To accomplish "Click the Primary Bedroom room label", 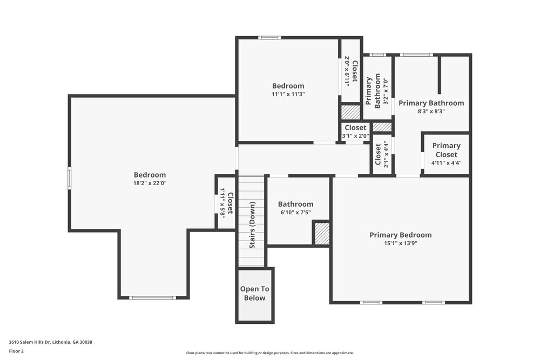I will pos(400,235).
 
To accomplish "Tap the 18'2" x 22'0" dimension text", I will pos(150,183).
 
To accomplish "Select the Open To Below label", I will pos(254,294).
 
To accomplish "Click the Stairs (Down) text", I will pos(252,225).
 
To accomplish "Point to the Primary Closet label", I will pos(446,150).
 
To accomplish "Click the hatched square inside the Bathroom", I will pos(322,233).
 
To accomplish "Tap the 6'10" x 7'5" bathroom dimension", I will pos(295,213).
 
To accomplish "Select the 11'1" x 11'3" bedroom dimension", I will pos(288,94).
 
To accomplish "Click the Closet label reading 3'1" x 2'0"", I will pos(355,128).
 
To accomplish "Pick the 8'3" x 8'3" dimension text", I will pos(431,111).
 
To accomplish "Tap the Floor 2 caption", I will pos(16,351).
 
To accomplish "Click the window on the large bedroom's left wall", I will pos(69,178).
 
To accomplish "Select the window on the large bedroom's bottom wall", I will pos(153,297).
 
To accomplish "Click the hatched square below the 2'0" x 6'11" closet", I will pos(350,112).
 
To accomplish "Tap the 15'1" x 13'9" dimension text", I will pos(400,243).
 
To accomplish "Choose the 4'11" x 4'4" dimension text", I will pos(446,162).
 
